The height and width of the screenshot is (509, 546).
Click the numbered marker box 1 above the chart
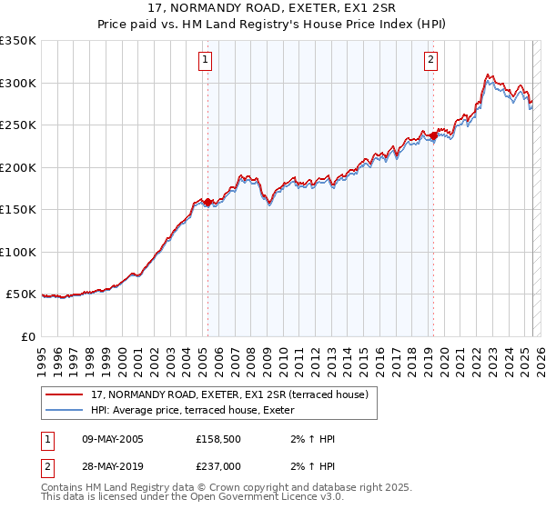[x=206, y=61]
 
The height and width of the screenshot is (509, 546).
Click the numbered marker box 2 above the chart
[x=430, y=61]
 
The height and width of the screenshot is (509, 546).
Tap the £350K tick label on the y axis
[x=18, y=41]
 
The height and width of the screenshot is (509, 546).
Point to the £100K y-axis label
[x=18, y=252]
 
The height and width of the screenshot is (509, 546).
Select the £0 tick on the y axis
[x=29, y=336]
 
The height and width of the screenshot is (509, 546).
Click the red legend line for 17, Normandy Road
[x=65, y=395]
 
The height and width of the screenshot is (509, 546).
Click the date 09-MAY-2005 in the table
[x=113, y=439]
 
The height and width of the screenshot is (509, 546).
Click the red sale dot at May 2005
[x=207, y=202]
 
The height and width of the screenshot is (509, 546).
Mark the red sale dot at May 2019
[x=433, y=135]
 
